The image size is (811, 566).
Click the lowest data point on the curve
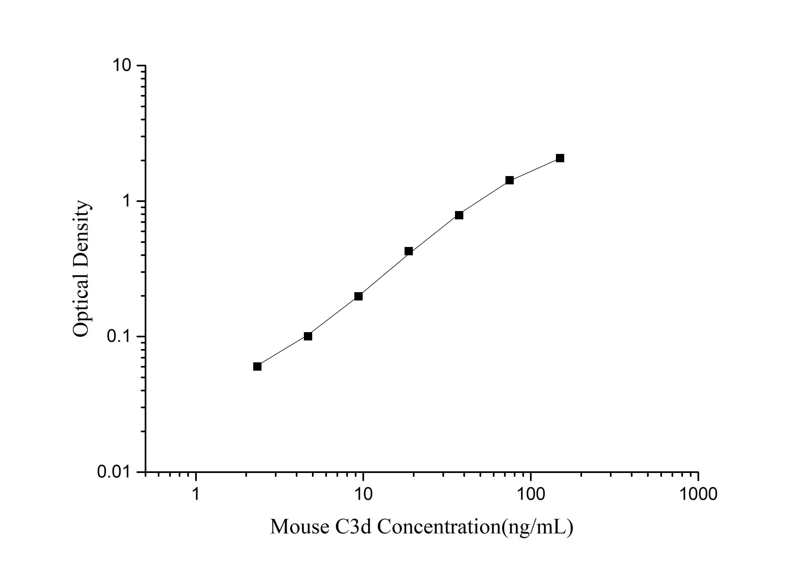257,366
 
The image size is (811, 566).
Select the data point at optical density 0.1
308,336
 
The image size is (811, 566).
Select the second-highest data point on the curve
509,180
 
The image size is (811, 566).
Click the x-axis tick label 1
196,494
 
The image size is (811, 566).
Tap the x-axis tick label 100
530,494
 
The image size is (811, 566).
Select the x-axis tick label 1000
698,494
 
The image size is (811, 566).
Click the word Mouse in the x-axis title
300,527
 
